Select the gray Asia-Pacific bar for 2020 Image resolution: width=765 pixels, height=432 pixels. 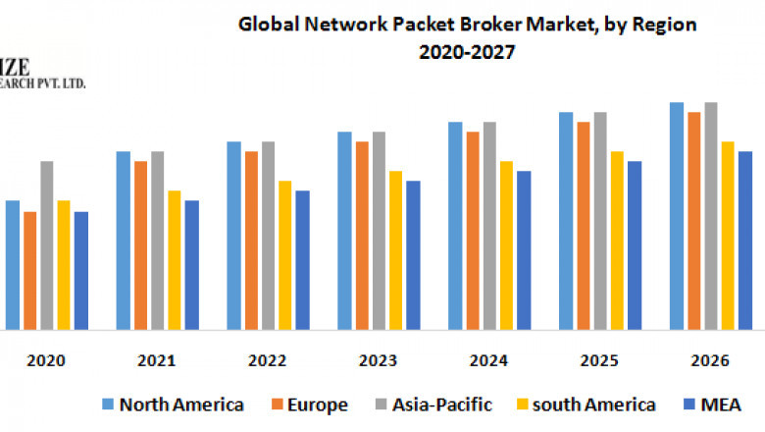[47, 244]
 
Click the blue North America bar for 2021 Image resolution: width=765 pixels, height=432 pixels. [124, 240]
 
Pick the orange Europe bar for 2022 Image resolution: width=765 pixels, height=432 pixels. [251, 240]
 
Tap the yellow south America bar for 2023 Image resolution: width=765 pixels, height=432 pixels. [396, 249]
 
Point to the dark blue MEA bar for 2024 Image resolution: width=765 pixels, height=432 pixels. [524, 249]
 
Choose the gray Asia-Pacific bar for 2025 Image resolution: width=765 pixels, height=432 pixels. [600, 220]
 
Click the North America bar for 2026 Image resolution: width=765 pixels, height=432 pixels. [677, 215]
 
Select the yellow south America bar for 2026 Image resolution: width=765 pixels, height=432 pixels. [728, 235]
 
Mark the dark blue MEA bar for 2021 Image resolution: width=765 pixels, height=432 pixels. [192, 264]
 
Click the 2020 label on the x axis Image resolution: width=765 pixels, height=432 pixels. [47, 360]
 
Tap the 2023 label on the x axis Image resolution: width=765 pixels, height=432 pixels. [379, 360]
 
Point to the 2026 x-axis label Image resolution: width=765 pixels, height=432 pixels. [710, 360]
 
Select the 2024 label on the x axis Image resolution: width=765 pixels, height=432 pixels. [489, 360]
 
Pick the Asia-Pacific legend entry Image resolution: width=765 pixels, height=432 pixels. [441, 404]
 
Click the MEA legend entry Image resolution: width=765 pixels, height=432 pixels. [721, 404]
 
